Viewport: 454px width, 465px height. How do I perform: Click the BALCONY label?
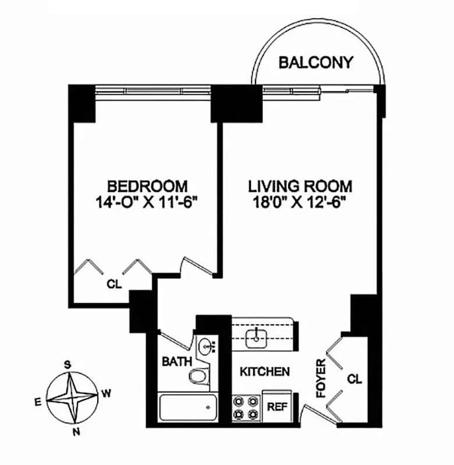click(316, 63)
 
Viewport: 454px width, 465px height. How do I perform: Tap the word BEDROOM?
click(147, 187)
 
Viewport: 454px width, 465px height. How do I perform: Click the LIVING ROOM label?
click(300, 187)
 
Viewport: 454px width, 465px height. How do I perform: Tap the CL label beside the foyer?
click(355, 379)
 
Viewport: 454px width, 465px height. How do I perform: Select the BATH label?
click(177, 362)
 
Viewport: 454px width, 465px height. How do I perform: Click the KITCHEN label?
click(265, 371)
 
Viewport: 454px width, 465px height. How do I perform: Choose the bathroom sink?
click(206, 348)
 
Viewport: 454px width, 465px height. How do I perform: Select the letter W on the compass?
click(107, 394)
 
